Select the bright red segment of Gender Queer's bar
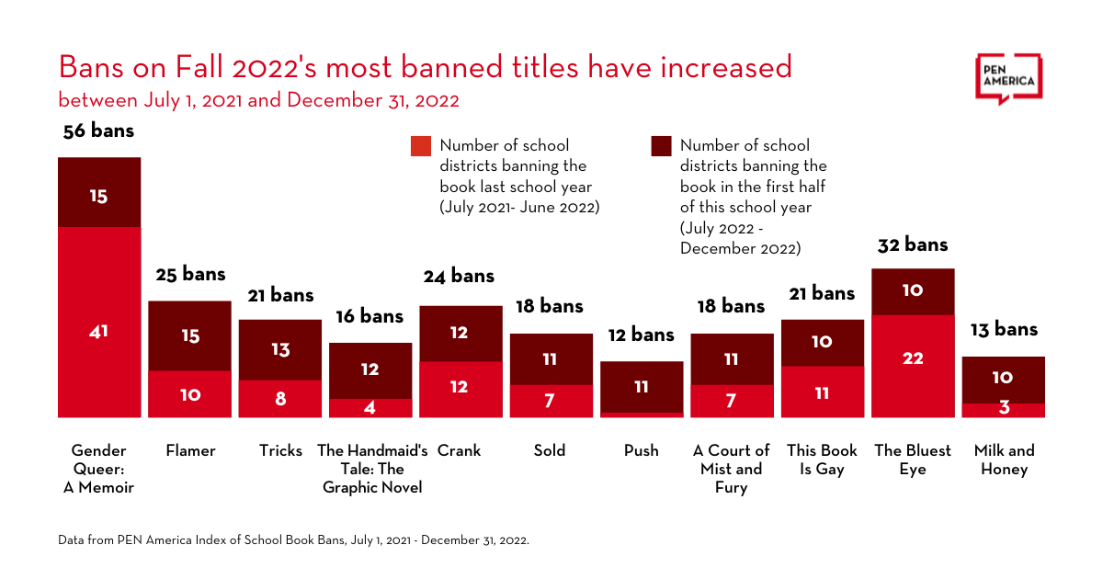pos(99,322)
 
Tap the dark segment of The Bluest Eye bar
pos(913,291)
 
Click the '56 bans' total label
pos(98,131)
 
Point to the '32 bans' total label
pos(913,244)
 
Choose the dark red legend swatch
pos(661,146)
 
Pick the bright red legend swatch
pos(421,146)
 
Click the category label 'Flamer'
pos(190,450)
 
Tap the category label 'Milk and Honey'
pos(1004,460)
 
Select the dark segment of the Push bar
pos(642,386)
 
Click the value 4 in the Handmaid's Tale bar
pos(370,407)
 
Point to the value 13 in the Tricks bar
pos(280,349)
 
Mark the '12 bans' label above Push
pos(642,335)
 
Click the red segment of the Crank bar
pos(461,389)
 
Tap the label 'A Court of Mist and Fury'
pos(731,469)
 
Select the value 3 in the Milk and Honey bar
pos(1004,408)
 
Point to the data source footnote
pos(293,539)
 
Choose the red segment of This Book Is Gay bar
pos(822,392)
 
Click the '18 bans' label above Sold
pos(550,306)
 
